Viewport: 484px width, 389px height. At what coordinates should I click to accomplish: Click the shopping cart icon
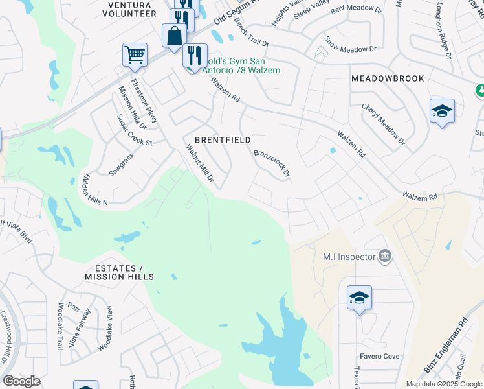pyautogui.click(x=135, y=54)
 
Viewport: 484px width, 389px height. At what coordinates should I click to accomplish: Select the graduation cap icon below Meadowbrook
pyautogui.click(x=442, y=111)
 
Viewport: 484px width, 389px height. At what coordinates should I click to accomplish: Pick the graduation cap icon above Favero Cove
pyautogui.click(x=359, y=298)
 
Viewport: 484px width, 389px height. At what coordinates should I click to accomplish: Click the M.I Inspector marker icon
pyautogui.click(x=385, y=257)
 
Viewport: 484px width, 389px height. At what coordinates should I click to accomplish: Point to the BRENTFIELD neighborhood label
pyautogui.click(x=223, y=140)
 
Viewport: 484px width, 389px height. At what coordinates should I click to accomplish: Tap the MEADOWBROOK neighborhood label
pyautogui.click(x=388, y=78)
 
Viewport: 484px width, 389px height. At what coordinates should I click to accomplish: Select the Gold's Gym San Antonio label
pyautogui.click(x=238, y=65)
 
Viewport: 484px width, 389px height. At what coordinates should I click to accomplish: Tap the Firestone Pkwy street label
pyautogui.click(x=144, y=101)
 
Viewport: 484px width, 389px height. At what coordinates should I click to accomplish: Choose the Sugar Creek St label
pyautogui.click(x=133, y=130)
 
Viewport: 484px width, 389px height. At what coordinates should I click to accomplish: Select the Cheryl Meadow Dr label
pyautogui.click(x=383, y=124)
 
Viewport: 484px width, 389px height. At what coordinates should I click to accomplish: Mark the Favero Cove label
pyautogui.click(x=380, y=357)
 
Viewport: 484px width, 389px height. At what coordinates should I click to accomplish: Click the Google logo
pyautogui.click(x=21, y=381)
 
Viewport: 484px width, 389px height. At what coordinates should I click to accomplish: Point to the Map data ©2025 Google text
pyautogui.click(x=443, y=384)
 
